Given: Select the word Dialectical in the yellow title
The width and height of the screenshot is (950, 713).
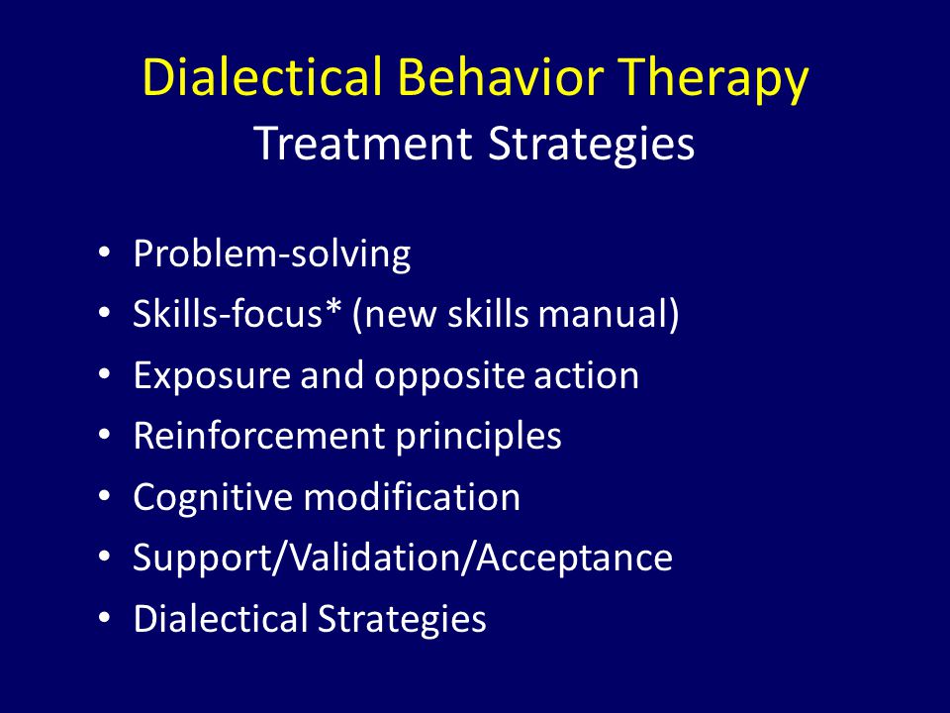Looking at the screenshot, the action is click(261, 77).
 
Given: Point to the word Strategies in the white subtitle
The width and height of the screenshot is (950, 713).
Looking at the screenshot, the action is click(591, 146).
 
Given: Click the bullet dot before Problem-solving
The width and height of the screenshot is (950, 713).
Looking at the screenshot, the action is click(104, 253).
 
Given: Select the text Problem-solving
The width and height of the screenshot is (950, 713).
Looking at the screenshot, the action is click(272, 255).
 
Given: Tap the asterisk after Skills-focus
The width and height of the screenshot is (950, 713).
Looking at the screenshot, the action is click(332, 306).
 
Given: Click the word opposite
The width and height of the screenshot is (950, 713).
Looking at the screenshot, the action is click(450, 377).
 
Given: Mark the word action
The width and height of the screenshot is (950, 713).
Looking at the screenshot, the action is click(587, 376).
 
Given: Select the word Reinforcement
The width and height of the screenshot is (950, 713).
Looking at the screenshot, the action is click(259, 436).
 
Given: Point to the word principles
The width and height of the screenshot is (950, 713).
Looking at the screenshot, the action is click(479, 437).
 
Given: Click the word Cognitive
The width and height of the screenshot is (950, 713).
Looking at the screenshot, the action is click(214, 498).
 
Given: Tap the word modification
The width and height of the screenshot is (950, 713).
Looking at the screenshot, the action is click(412, 496).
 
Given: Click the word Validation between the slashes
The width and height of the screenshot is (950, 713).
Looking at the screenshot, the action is click(374, 558).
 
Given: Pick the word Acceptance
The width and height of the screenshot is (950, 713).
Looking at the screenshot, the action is click(574, 559).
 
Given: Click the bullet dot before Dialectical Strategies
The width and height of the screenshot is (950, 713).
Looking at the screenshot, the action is click(104, 617).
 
